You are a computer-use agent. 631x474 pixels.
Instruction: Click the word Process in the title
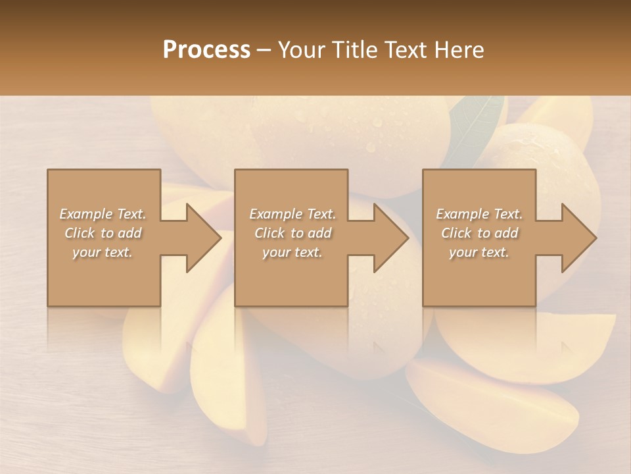coord(206,49)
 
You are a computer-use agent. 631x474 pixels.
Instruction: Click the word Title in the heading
coord(352,49)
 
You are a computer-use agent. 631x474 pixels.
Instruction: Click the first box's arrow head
coord(200,238)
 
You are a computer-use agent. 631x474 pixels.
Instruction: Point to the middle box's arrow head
coord(388,238)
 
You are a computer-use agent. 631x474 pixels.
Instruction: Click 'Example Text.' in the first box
coord(103,214)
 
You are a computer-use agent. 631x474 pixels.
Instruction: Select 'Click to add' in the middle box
coord(292,233)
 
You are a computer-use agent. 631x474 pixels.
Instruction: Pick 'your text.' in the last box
coord(479,252)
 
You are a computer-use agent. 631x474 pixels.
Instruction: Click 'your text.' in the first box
coord(103,252)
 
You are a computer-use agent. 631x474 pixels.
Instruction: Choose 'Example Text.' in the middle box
coord(292,214)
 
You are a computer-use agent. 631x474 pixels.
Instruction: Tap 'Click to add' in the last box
coord(479,233)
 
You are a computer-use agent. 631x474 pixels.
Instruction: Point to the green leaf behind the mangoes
coord(475,128)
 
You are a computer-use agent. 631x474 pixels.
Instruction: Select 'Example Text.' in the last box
coord(479,214)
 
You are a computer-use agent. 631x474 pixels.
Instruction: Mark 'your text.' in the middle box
coord(292,252)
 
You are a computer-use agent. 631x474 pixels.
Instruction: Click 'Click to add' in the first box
coord(103,233)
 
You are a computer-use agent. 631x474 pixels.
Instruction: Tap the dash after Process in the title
coord(264,50)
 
